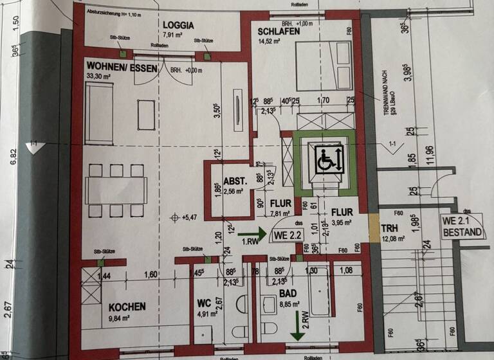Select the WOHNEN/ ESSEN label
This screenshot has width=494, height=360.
[121, 67]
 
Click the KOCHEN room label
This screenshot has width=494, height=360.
[127, 307]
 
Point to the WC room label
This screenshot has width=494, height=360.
[203, 302]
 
